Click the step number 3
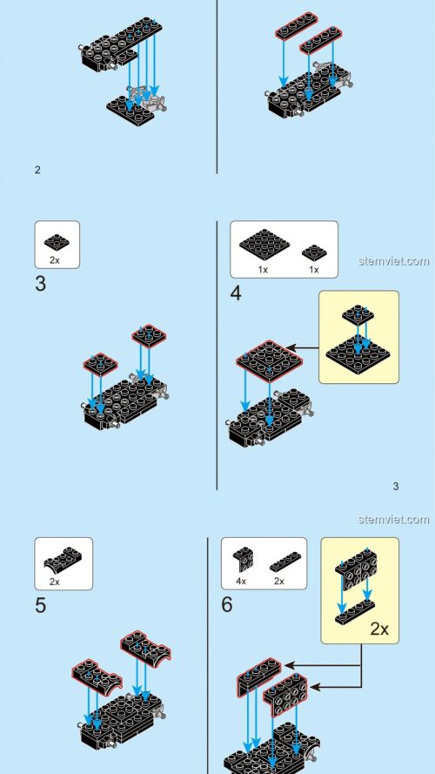(41, 284)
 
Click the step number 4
(236, 293)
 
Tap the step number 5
(41, 605)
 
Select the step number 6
(227, 604)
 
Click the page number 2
(37, 170)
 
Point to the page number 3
(396, 486)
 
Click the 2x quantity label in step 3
(56, 260)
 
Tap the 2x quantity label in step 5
(55, 581)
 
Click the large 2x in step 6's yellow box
(378, 629)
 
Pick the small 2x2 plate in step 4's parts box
(314, 252)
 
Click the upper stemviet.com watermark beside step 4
(393, 260)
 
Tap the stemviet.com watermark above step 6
(393, 520)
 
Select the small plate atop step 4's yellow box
(358, 314)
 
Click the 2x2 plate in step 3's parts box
(57, 240)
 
